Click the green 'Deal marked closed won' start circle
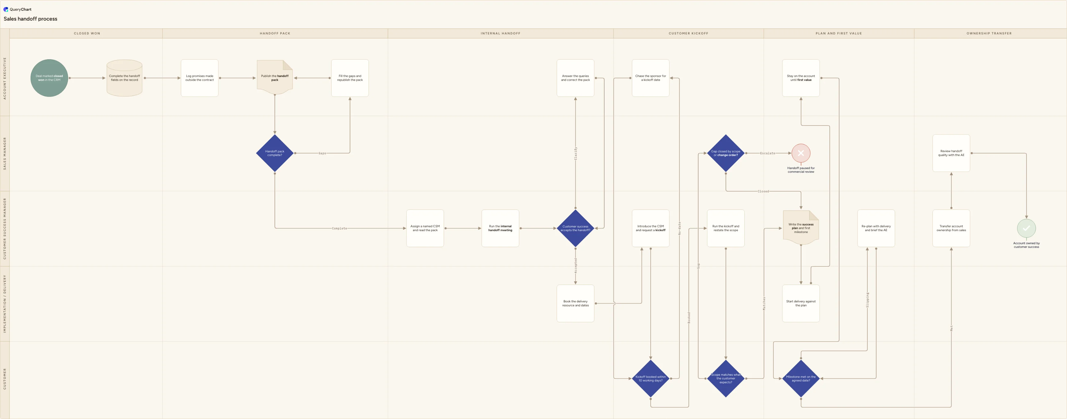(49, 78)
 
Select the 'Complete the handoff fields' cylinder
(124, 78)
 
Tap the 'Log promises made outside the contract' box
(200, 78)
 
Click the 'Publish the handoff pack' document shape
(275, 77)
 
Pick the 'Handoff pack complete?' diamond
(275, 153)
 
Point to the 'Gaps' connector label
(322, 153)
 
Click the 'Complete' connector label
(339, 228)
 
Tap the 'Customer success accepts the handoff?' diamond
(575, 228)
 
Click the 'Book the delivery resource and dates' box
(575, 304)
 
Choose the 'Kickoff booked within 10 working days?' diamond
(651, 378)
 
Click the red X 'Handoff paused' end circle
(801, 153)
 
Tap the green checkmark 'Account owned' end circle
(1026, 228)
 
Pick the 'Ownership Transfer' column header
(989, 33)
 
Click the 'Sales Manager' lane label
(5, 153)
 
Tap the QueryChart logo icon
(6, 9)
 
